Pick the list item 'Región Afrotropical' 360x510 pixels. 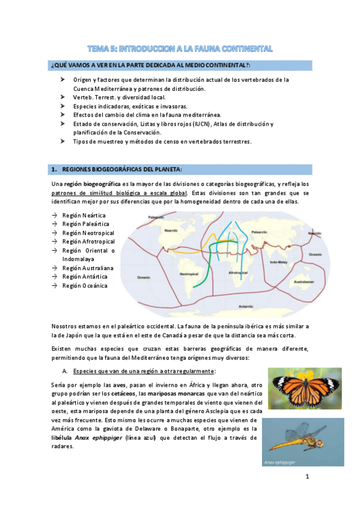[x=88, y=241]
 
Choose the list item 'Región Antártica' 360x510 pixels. [x=84, y=277]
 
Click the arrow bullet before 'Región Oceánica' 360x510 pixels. [x=55, y=286]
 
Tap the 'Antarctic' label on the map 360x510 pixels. [x=246, y=306]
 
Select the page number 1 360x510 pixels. [x=307, y=478]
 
